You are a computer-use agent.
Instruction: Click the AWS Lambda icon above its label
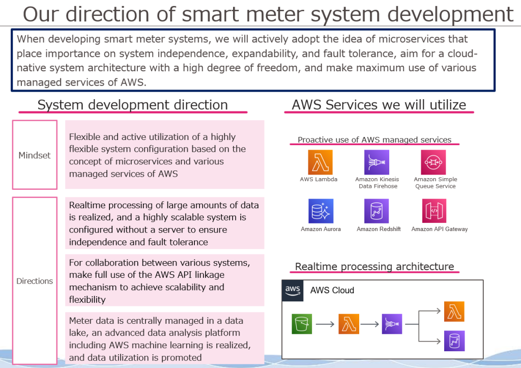pos(320,162)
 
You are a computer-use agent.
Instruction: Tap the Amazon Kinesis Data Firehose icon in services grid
pos(377,162)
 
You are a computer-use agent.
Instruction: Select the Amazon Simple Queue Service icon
pos(433,162)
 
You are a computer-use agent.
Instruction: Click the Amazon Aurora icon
pos(320,211)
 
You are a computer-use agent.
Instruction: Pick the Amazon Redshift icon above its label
pos(377,211)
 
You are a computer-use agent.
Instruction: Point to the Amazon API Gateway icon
pos(433,211)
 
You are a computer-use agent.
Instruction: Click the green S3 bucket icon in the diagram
pos(302,324)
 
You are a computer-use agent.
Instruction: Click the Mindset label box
pos(35,155)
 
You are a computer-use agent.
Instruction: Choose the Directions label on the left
pos(35,281)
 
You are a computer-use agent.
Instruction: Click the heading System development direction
pos(132,105)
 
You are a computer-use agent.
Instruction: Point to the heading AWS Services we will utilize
pos(379,105)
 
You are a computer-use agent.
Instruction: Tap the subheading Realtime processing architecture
pos(374,266)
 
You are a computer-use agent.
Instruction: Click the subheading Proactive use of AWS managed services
pos(374,140)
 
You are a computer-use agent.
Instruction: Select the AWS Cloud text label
pos(332,290)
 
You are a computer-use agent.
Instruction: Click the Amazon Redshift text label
pos(379,229)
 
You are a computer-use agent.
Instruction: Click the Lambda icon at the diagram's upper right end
pos(454,312)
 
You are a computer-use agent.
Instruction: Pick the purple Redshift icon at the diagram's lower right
pos(454,341)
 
